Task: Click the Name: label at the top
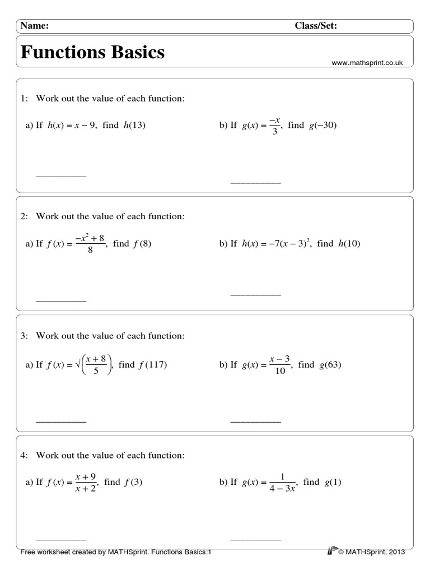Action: [35, 25]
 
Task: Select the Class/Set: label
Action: [316, 25]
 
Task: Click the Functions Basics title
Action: [93, 52]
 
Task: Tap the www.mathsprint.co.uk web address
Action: [367, 64]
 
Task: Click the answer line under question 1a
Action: [61, 177]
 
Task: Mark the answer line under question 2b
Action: [255, 294]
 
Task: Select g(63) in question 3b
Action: [330, 364]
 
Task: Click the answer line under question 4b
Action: [255, 539]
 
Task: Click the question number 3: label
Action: [24, 336]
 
